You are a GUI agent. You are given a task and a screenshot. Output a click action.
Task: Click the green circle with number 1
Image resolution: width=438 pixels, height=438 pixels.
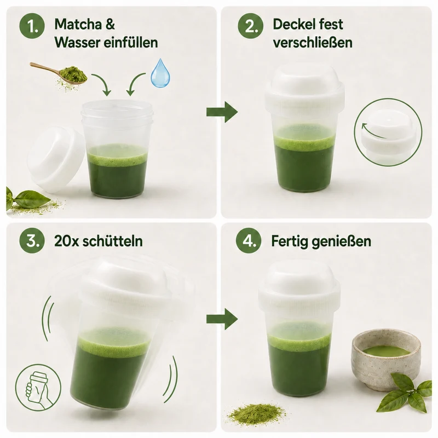[x=32, y=26]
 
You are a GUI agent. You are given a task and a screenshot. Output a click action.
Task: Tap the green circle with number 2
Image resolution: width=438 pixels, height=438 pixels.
[x=251, y=26]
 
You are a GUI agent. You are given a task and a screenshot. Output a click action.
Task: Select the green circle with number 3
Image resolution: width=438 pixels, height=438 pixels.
[x=32, y=240]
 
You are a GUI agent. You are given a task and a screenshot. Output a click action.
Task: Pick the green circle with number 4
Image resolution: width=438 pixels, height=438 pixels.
[x=249, y=240]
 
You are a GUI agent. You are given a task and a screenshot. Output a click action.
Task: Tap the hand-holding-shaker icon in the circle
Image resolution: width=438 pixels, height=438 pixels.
[x=38, y=387]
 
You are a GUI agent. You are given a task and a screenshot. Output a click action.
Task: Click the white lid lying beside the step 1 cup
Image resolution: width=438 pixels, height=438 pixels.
[x=56, y=159]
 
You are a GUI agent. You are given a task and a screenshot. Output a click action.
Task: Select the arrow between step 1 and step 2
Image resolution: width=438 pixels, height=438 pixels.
[x=222, y=112]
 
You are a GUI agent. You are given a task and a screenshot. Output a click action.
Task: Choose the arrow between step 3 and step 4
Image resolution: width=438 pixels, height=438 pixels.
[x=222, y=319]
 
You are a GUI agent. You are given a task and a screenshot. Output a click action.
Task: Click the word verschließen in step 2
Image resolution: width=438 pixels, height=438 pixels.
[x=313, y=43]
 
